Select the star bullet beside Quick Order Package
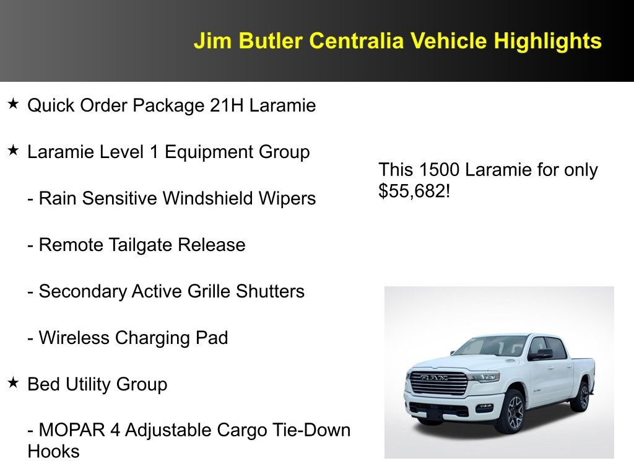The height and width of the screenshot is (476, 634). (14, 104)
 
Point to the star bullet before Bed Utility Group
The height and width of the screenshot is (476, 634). (14, 383)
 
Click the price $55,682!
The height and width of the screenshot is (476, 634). (414, 191)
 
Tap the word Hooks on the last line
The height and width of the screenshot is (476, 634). (54, 451)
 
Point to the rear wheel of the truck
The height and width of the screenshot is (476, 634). (582, 397)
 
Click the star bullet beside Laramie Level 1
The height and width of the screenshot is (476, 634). (14, 151)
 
